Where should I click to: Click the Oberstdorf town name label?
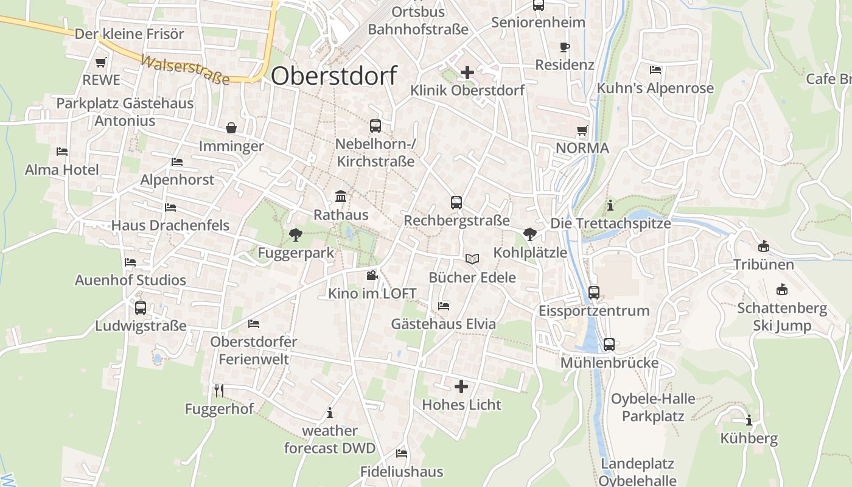click(x=333, y=76)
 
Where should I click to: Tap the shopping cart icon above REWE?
click(x=101, y=62)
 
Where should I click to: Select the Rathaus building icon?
click(x=341, y=197)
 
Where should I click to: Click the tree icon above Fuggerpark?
click(x=296, y=234)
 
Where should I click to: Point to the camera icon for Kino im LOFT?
click(x=372, y=276)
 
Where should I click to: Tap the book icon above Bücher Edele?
click(x=472, y=259)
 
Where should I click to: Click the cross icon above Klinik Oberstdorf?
click(x=467, y=72)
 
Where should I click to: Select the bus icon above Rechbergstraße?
click(x=456, y=203)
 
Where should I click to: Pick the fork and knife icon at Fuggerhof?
click(x=219, y=390)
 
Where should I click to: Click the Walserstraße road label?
click(x=185, y=70)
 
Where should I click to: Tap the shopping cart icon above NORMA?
click(x=582, y=130)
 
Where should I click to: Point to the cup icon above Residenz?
click(x=565, y=47)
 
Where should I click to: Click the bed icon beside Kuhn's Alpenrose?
click(x=655, y=70)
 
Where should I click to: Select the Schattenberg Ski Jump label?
click(x=782, y=317)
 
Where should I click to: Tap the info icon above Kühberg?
click(x=749, y=420)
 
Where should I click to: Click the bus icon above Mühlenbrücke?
click(x=609, y=345)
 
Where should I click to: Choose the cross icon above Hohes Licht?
click(x=461, y=386)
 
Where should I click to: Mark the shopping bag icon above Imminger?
click(x=231, y=128)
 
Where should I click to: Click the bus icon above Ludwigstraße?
click(x=141, y=308)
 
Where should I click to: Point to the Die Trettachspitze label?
click(x=610, y=223)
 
